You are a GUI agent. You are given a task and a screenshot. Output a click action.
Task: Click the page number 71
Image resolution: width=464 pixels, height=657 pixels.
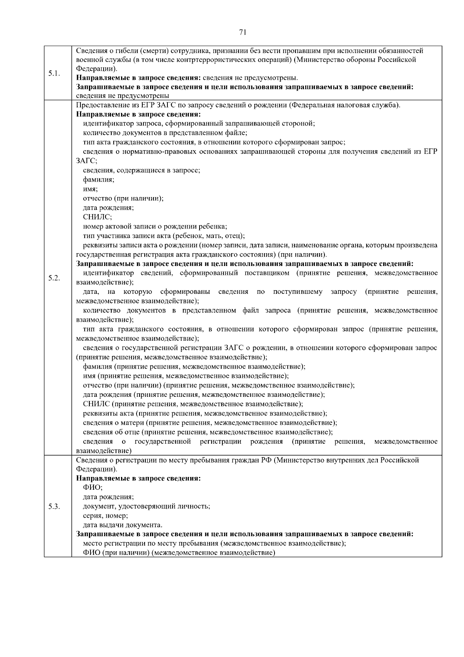[243, 33]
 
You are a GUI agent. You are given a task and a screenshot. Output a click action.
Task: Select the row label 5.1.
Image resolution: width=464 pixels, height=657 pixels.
[54, 74]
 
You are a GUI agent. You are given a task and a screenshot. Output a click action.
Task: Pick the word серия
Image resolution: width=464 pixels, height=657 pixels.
[92, 516]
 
